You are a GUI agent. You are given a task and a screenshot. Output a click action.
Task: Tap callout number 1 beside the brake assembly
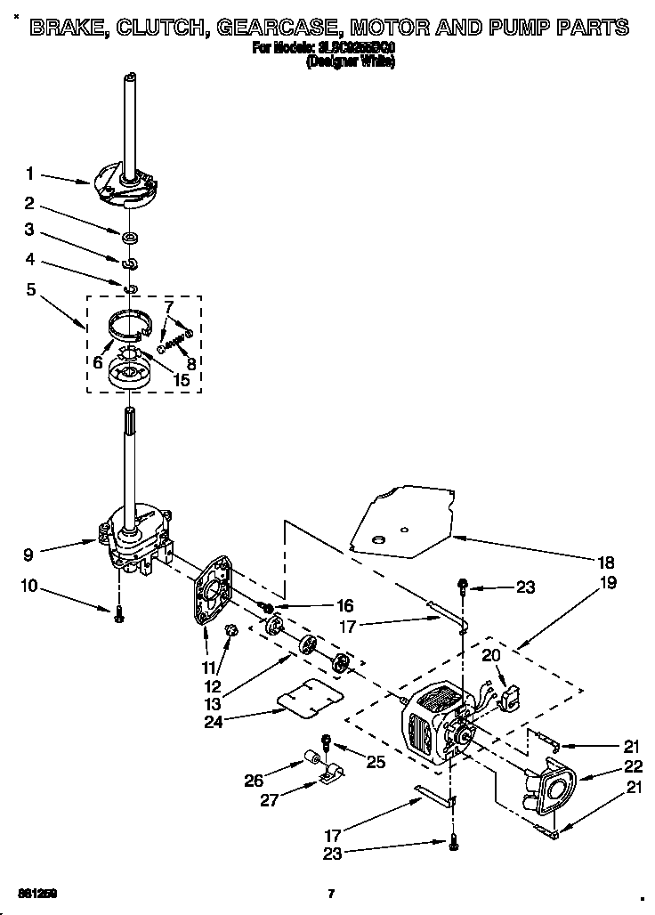click(x=29, y=174)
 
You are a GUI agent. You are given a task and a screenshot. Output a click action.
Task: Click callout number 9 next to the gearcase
click(x=29, y=553)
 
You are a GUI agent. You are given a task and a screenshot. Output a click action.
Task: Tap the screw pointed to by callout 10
click(x=118, y=615)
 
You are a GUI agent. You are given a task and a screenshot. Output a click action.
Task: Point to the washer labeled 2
click(x=130, y=237)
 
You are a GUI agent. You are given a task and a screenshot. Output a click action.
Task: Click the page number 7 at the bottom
click(x=331, y=893)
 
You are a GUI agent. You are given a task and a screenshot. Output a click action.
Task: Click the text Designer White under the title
click(x=350, y=62)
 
